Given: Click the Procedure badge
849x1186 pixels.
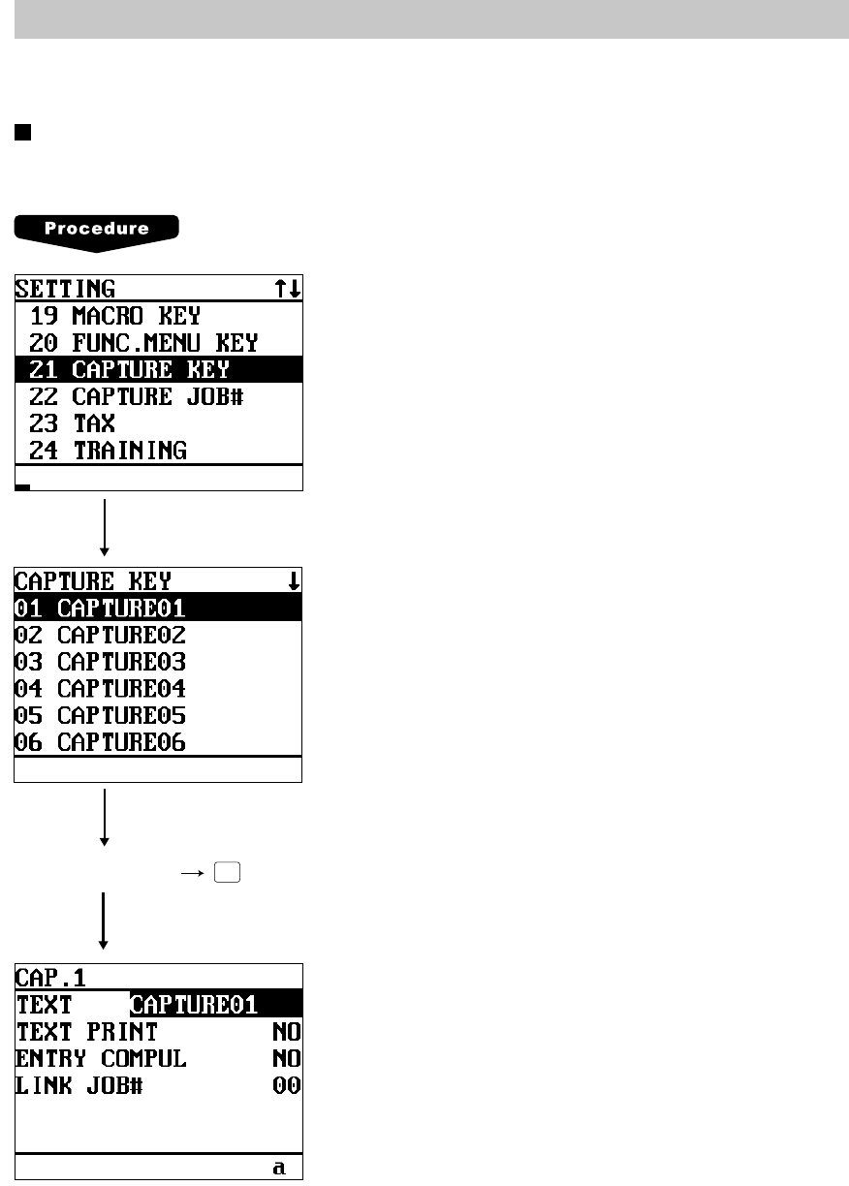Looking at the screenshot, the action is click(x=96, y=230).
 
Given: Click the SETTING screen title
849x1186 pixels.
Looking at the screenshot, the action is click(x=65, y=289).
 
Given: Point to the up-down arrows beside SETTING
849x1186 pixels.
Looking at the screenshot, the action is click(x=288, y=289).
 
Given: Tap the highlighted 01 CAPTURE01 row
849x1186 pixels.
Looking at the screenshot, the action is click(x=100, y=609).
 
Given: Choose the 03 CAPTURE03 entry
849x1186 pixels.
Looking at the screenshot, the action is click(x=100, y=663).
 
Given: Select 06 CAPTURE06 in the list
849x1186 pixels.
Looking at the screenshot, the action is click(x=100, y=743).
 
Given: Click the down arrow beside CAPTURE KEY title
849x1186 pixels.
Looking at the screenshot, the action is click(x=294, y=581).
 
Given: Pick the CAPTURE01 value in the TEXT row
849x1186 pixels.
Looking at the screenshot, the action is click(x=194, y=1005).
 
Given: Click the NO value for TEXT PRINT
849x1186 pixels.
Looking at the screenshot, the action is click(x=286, y=1032).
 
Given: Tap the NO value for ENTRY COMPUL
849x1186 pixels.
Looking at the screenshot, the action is click(x=286, y=1059).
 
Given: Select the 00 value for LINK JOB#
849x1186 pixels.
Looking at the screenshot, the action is click(x=286, y=1086).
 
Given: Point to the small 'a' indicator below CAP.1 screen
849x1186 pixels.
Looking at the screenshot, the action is click(x=279, y=1168).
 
